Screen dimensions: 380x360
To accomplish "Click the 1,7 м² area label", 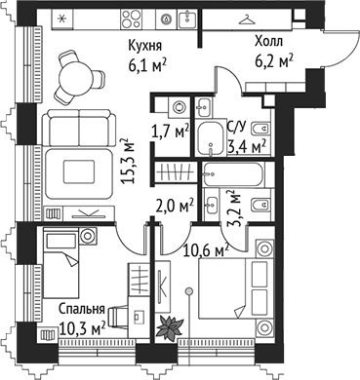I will (169, 130).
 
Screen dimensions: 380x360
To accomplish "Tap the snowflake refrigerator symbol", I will (63, 19).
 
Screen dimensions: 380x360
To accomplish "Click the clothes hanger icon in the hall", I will (253, 18).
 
